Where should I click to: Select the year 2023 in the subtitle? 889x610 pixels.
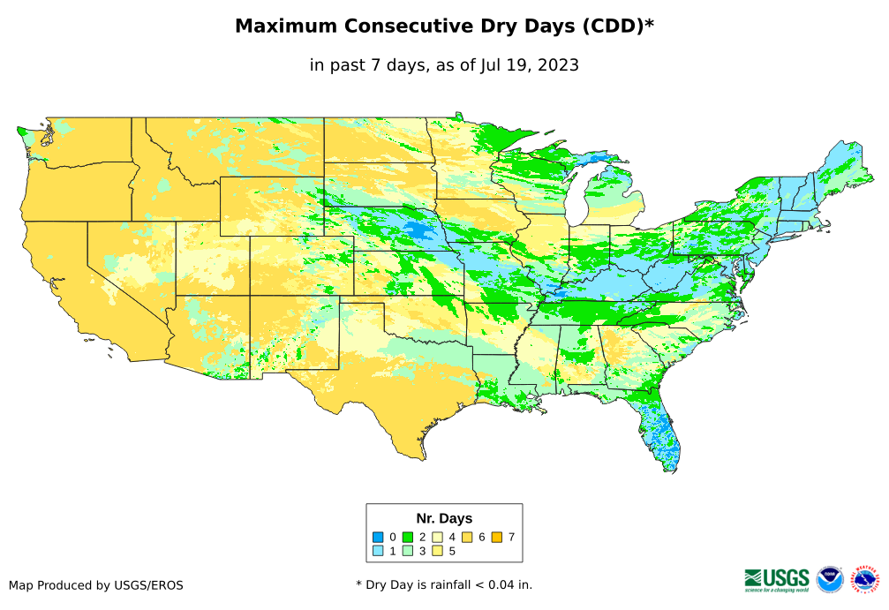[557, 64]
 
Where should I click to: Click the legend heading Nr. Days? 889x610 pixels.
[444, 518]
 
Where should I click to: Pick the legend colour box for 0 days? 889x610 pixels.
[377, 537]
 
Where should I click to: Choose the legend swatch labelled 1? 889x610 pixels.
[377, 551]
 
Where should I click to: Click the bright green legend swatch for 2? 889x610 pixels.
[408, 537]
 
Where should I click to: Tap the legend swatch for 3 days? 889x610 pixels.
[408, 551]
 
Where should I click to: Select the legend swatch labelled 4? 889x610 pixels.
[437, 537]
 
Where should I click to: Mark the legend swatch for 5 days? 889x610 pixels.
[437, 551]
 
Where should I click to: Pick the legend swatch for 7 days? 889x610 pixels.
[496, 537]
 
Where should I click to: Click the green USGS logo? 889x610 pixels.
[777, 578]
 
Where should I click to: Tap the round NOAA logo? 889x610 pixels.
[830, 578]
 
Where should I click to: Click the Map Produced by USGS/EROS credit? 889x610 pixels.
[96, 585]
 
